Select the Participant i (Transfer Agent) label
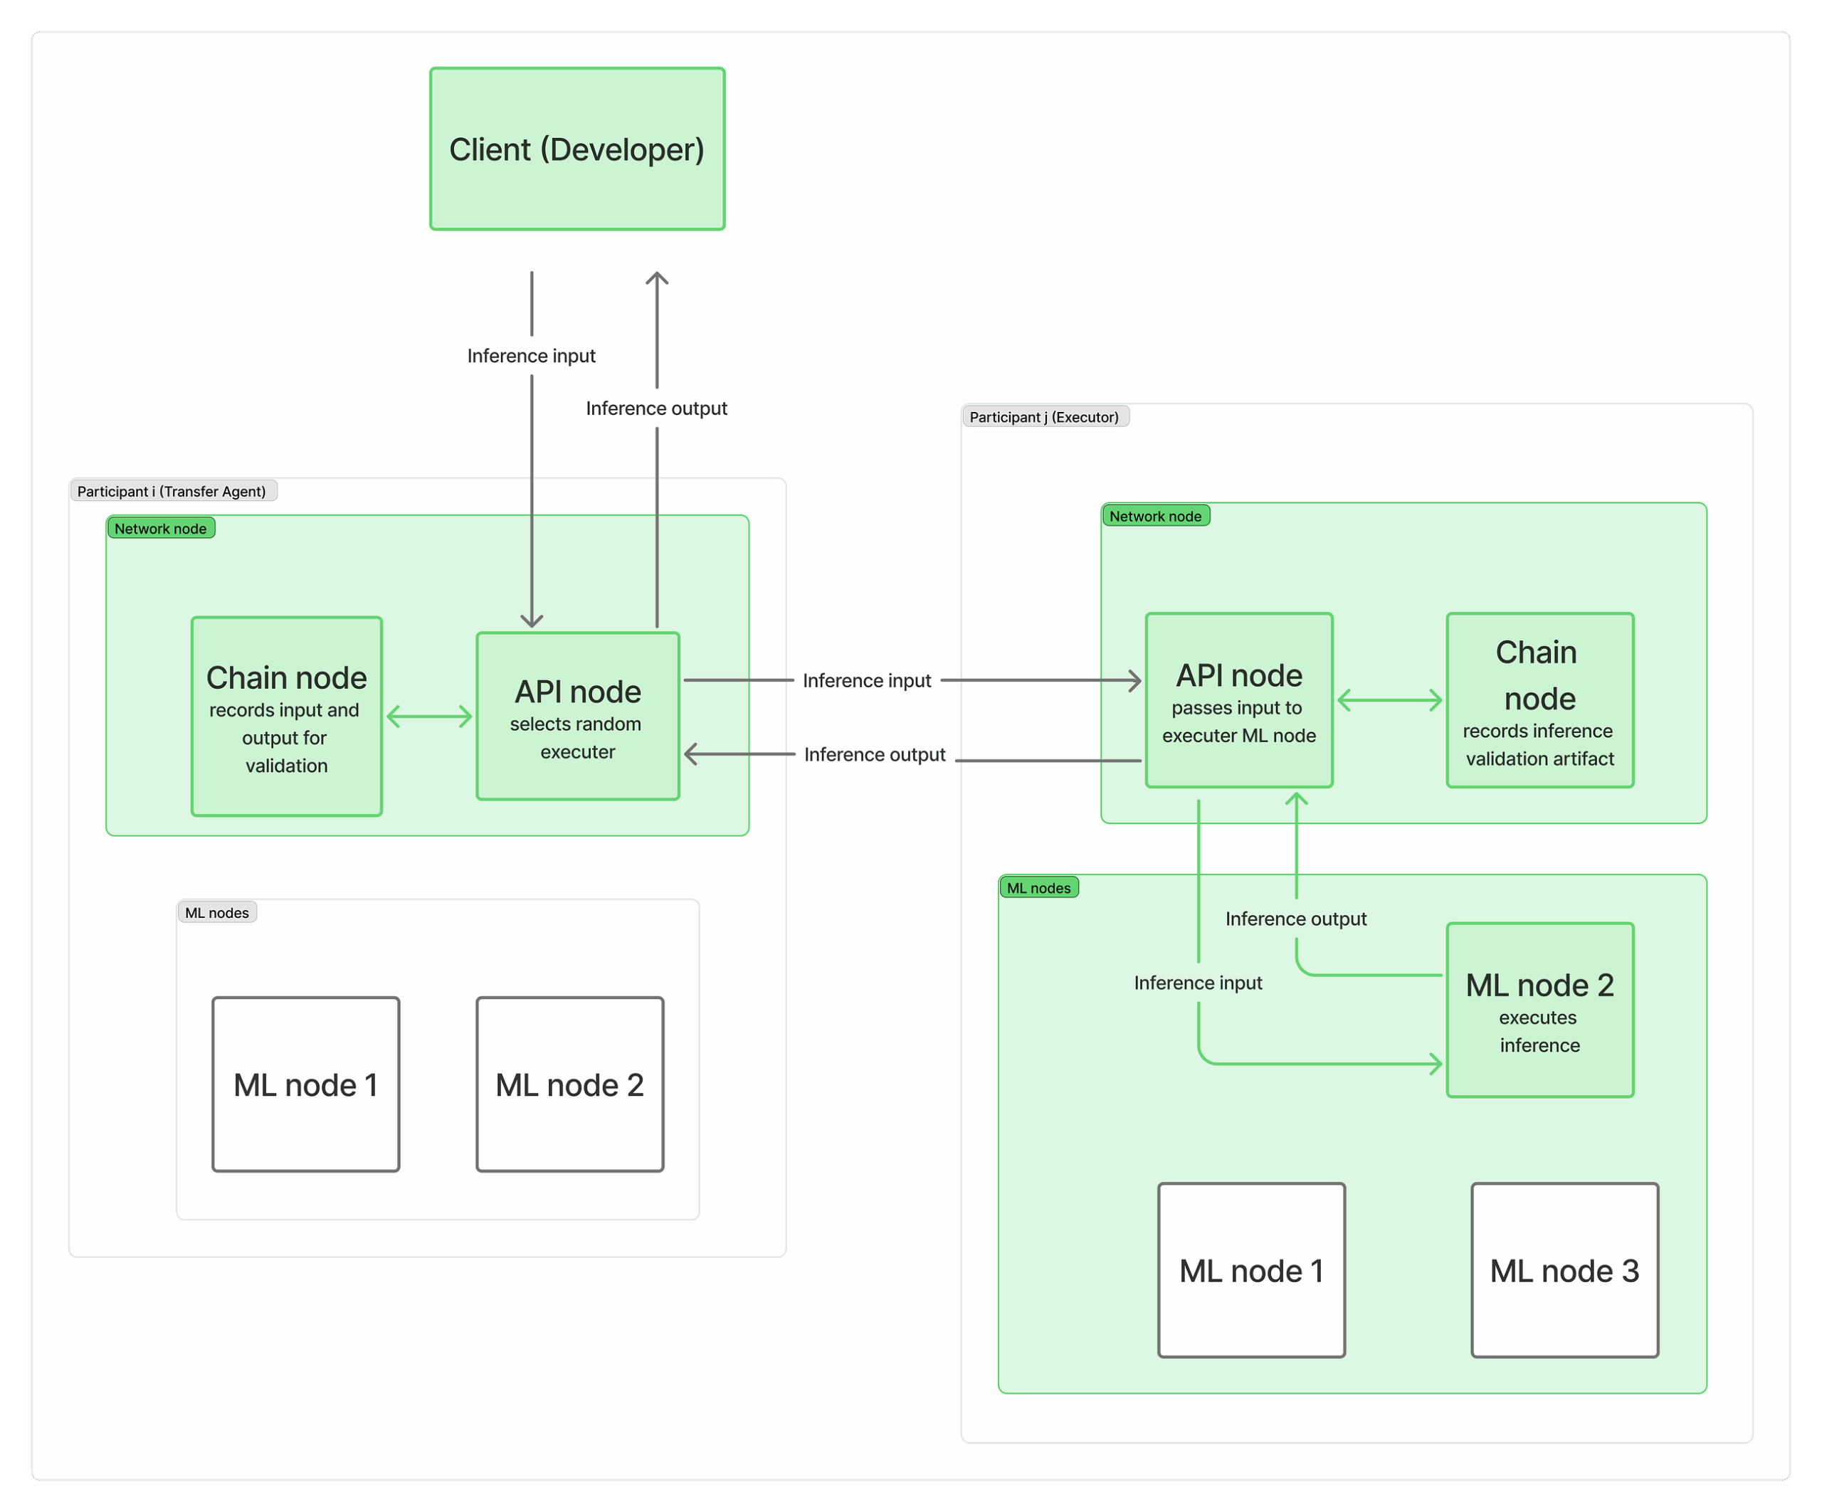172,491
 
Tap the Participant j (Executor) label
1044,416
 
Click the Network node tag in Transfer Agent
161,528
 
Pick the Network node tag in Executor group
1155,516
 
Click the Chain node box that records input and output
286,716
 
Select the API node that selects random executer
578,716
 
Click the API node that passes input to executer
1238,700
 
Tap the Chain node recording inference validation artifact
1539,700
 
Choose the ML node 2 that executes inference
1539,1010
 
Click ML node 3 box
1564,1270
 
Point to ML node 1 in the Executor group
1251,1270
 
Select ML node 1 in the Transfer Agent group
305,1084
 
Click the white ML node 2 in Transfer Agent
570,1084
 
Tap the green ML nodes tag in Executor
1038,887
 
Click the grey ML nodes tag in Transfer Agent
217,913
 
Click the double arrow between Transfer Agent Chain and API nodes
429,717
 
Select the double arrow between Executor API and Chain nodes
1389,700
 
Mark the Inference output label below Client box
656,408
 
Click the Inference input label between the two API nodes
867,680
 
